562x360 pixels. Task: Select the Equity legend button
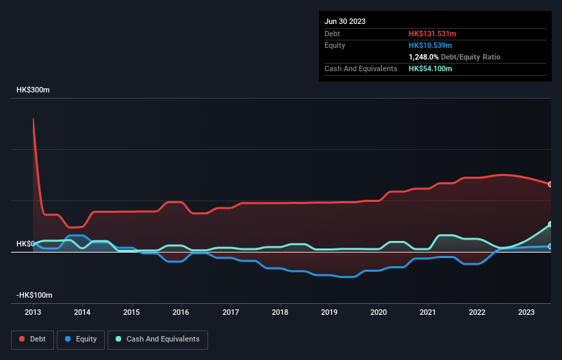pyautogui.click(x=80, y=339)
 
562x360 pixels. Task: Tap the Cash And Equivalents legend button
pyautogui.click(x=157, y=339)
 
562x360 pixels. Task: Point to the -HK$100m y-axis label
pyautogui.click(x=34, y=295)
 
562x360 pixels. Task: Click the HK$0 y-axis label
pyautogui.click(x=25, y=244)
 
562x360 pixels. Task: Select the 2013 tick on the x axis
pyautogui.click(x=33, y=312)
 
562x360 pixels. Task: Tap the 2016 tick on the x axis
pyautogui.click(x=181, y=312)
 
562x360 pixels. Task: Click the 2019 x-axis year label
pyautogui.click(x=329, y=312)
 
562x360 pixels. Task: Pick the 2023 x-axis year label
pyautogui.click(x=527, y=312)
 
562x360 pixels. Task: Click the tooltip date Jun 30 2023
pyautogui.click(x=345, y=21)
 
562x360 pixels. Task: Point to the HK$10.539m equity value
pyautogui.click(x=429, y=45)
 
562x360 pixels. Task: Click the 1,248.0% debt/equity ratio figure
pyautogui.click(x=426, y=57)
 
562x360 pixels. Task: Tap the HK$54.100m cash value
pyautogui.click(x=431, y=68)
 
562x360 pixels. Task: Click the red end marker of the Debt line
pyautogui.click(x=550, y=184)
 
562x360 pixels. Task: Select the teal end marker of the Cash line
pyautogui.click(x=550, y=224)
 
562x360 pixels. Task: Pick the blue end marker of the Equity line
pyautogui.click(x=550, y=246)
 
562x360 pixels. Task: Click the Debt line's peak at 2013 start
pyautogui.click(x=33, y=119)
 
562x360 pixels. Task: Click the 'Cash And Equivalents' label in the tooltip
pyautogui.click(x=361, y=68)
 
